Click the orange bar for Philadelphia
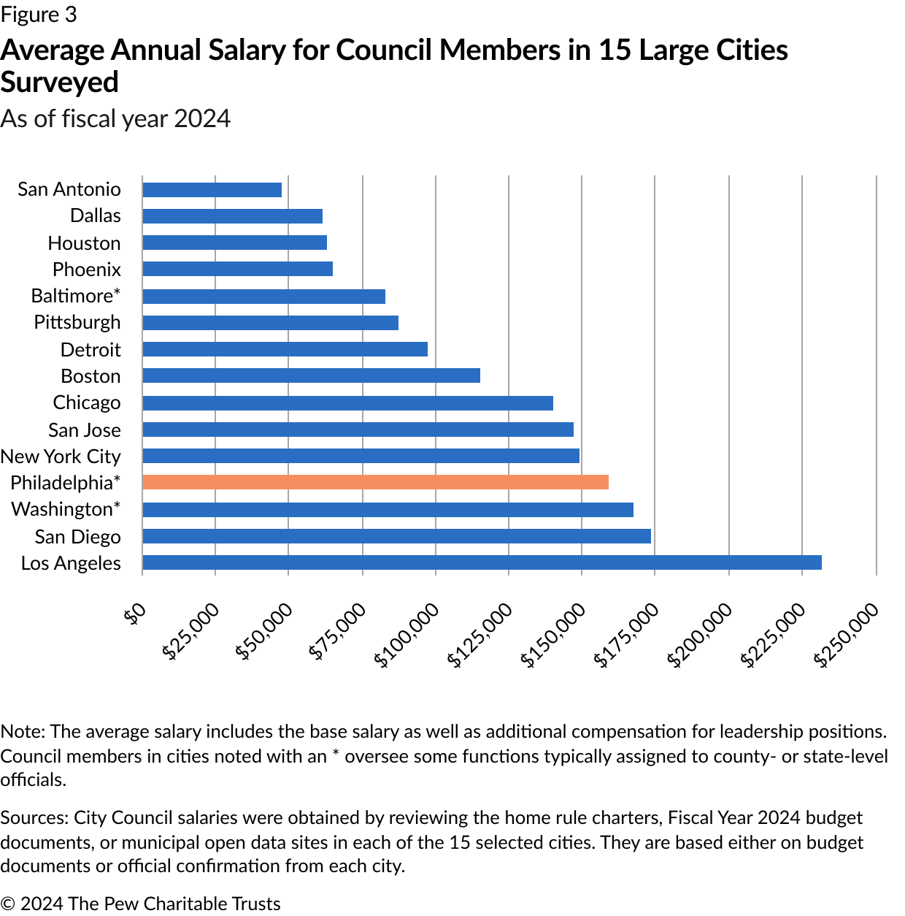click(x=375, y=482)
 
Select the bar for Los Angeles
click(x=482, y=562)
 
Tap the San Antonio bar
click(x=212, y=190)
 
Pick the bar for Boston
click(x=311, y=375)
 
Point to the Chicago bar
click(x=347, y=403)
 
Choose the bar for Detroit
click(x=285, y=349)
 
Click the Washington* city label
click(x=66, y=509)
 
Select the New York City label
click(x=61, y=457)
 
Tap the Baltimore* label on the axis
click(x=75, y=296)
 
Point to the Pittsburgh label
click(x=77, y=322)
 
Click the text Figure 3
click(x=38, y=15)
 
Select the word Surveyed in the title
click(x=59, y=83)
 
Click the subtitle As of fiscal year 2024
click(x=115, y=118)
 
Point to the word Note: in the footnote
click(x=23, y=732)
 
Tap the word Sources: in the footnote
click(x=34, y=818)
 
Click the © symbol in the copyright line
click(x=7, y=904)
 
